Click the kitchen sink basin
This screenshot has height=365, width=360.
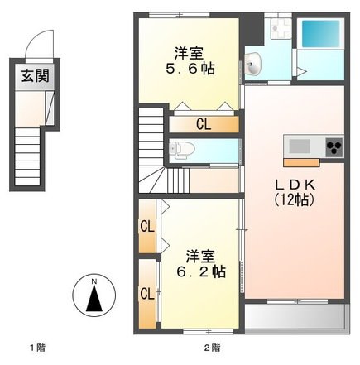pyautogui.click(x=298, y=146)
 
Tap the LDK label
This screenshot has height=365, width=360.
pyautogui.click(x=295, y=184)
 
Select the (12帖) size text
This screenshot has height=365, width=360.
pyautogui.click(x=295, y=199)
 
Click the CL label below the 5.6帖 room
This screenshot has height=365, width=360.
pyautogui.click(x=203, y=124)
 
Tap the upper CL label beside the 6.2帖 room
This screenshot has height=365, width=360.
pyautogui.click(x=146, y=226)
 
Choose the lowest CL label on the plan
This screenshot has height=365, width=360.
pyautogui.click(x=146, y=292)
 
